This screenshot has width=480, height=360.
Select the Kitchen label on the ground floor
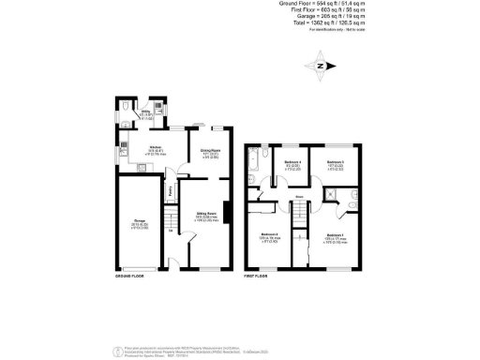pyautogui.click(x=155, y=148)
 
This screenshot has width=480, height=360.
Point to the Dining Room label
pyautogui.click(x=210, y=155)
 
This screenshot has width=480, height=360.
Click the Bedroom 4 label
pyautogui.click(x=292, y=165)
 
